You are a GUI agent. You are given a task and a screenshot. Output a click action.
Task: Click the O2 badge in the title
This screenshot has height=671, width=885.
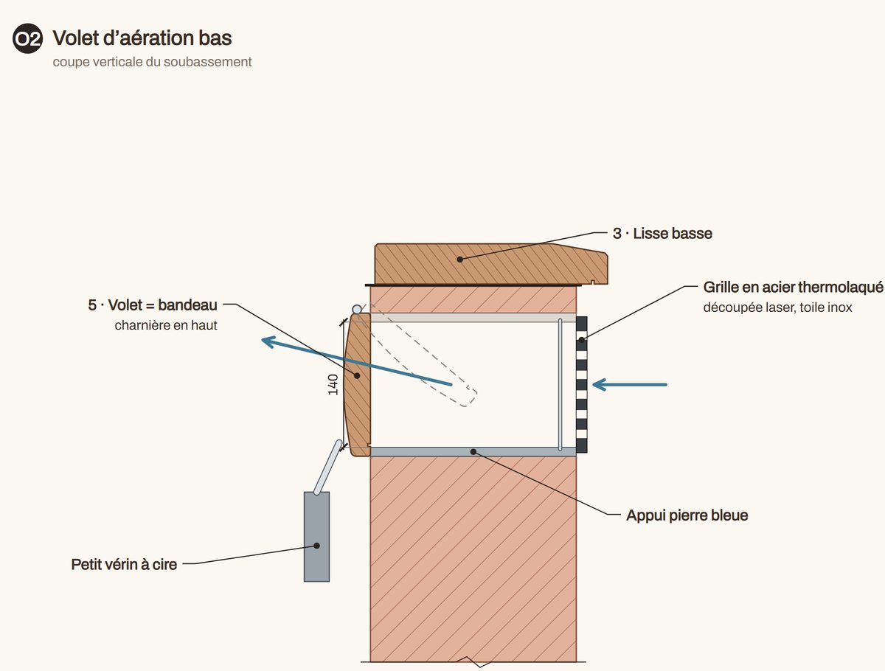[27, 38]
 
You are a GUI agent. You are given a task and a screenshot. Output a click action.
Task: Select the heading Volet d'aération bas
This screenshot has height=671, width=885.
[142, 38]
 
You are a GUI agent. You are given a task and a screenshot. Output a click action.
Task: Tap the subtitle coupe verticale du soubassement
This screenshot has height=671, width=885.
[152, 62]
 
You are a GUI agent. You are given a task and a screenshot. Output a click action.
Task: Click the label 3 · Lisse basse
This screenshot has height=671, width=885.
[662, 234]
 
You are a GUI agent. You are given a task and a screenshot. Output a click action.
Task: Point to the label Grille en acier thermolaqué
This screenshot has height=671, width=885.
[793, 288]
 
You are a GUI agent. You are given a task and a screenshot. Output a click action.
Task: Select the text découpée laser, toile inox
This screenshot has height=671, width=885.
[777, 307]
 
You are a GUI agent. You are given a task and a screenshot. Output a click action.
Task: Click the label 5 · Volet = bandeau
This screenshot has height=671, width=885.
[153, 305]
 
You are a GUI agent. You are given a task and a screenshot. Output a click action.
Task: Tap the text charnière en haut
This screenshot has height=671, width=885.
[166, 325]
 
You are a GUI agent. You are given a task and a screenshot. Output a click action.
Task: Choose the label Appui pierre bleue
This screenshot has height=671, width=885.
[687, 515]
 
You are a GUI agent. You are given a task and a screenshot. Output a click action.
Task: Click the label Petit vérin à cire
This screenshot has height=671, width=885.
[124, 565]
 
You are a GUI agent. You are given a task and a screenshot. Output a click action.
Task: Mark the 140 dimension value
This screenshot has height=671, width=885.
[333, 385]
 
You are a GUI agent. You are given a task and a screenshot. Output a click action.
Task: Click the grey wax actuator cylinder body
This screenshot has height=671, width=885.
[316, 536]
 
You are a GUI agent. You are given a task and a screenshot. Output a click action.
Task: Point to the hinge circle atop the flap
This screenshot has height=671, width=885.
[357, 310]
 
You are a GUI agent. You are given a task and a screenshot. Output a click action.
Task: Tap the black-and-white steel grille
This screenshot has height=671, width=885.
[581, 384]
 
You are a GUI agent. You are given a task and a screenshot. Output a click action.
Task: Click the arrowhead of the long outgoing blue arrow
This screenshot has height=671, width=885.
[269, 342]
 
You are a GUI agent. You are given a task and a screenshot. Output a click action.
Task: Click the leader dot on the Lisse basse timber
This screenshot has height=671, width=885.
[459, 260]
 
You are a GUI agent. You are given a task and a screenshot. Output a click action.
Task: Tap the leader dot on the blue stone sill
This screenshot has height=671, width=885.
[473, 452]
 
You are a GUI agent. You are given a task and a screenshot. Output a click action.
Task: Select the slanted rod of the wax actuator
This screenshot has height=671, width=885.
[327, 467]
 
